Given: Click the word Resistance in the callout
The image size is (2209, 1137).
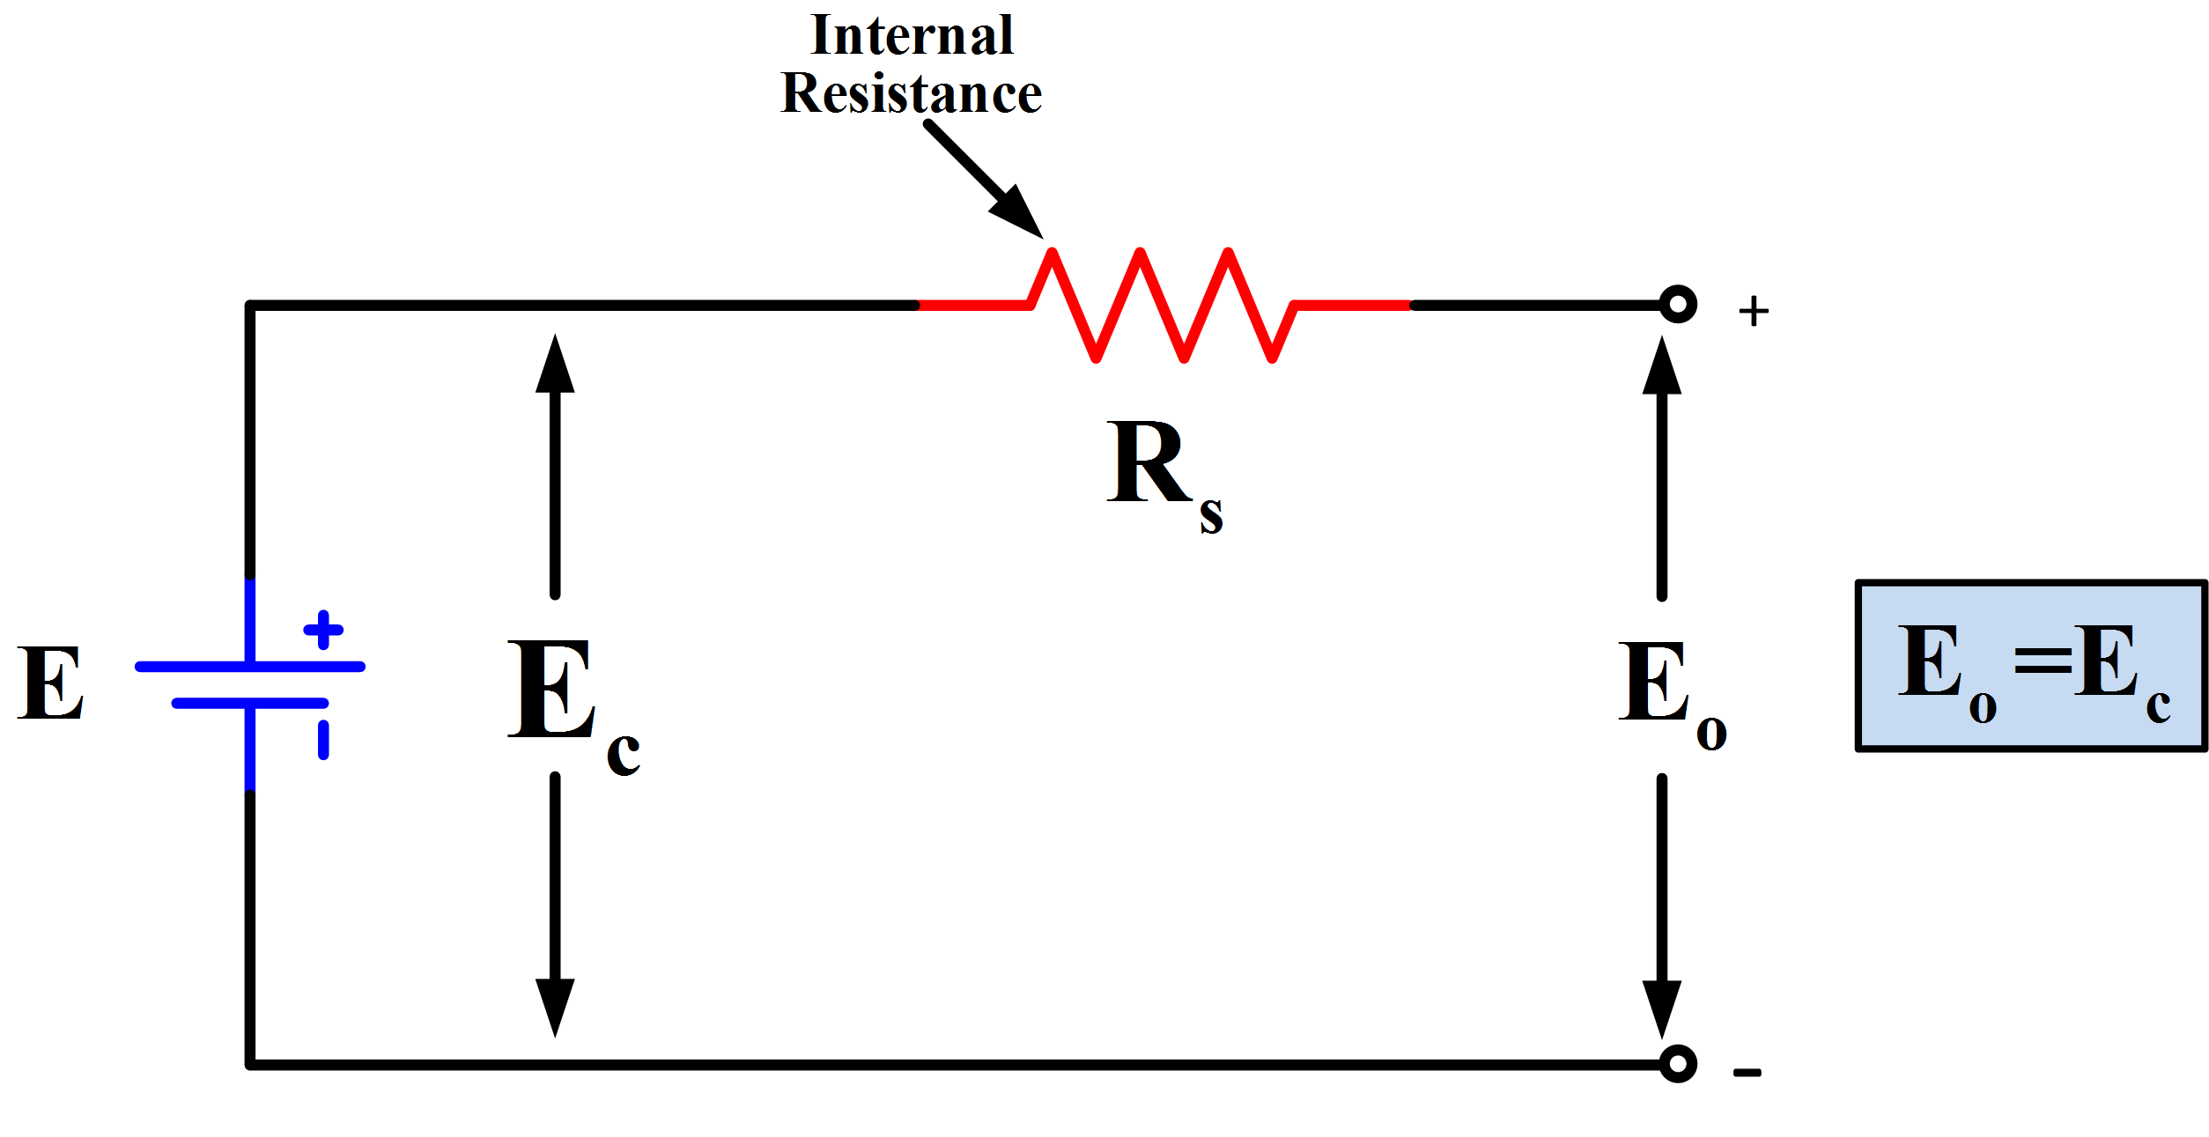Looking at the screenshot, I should (912, 94).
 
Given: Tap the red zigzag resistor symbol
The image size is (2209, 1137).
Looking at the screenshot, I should (1163, 305).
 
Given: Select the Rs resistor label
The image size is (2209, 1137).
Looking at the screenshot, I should (1163, 471).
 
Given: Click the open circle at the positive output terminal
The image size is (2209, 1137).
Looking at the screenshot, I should (1678, 305).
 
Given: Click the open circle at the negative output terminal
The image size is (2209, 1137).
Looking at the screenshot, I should (1678, 1064).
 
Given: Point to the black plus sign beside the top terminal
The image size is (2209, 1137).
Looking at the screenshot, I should (1754, 311).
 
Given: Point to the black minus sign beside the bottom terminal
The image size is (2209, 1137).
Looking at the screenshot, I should (1747, 1073).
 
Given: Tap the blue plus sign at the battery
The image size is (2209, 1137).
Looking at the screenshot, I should (323, 630).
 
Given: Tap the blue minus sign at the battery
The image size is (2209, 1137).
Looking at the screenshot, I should (323, 740).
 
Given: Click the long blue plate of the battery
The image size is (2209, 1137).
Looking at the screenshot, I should (250, 667).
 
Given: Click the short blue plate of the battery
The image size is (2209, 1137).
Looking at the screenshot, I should (250, 703).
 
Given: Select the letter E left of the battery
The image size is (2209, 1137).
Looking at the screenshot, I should (51, 683).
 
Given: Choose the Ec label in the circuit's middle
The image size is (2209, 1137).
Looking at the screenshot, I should (573, 705).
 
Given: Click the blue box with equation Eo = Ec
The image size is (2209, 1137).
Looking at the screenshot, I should (2032, 666).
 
